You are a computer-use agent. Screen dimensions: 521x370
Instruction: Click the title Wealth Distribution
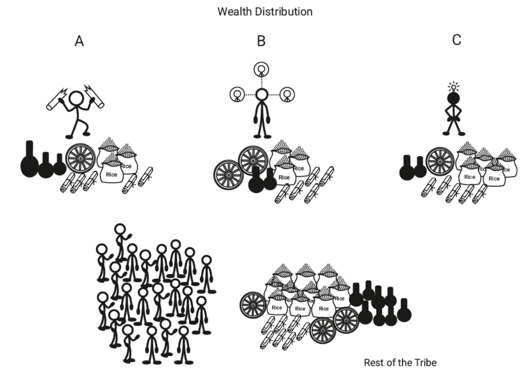pos(265,12)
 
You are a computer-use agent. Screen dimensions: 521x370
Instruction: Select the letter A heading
pos(79,41)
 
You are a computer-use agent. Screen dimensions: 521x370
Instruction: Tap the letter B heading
pos(261,41)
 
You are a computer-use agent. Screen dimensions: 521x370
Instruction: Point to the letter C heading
pos(456,40)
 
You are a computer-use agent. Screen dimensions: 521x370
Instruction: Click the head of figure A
pos(77,98)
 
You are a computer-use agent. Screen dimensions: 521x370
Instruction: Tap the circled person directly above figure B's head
pos(261,69)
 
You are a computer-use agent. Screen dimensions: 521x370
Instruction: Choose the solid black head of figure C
pos(453,99)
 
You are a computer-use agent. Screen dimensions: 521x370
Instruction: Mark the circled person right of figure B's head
pos(286,94)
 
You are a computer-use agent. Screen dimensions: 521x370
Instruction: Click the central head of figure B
pos(261,94)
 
